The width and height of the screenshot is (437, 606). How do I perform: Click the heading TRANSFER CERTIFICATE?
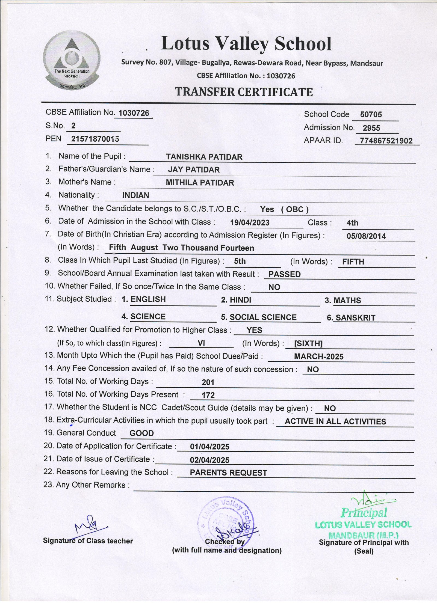tap(244, 92)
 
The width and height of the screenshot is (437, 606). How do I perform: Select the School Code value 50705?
tap(371, 114)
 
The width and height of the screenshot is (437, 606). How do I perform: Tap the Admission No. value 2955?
tap(371, 128)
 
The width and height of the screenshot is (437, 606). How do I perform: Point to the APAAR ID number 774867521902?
tap(386, 141)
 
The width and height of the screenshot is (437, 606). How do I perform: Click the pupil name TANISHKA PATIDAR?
tap(204, 157)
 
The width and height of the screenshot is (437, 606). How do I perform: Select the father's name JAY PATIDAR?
tap(194, 170)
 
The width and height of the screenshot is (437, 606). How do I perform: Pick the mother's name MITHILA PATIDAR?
tap(200, 183)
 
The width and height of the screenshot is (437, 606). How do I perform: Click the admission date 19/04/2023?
tap(250, 223)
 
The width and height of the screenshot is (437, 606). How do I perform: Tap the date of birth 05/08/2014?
tap(366, 236)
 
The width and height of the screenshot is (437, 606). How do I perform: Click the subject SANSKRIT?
tap(355, 318)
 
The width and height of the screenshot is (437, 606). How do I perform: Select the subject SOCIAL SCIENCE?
tap(263, 317)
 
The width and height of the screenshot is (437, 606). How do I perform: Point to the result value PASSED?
tap(284, 274)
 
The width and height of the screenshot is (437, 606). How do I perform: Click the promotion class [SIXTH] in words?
tap(308, 344)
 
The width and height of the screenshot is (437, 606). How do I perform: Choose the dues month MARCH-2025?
tap(318, 357)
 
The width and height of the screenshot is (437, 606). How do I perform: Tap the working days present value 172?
tap(208, 395)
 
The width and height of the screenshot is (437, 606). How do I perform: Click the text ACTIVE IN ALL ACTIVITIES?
tap(335, 421)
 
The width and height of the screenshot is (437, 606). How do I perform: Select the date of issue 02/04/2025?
tap(209, 460)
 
